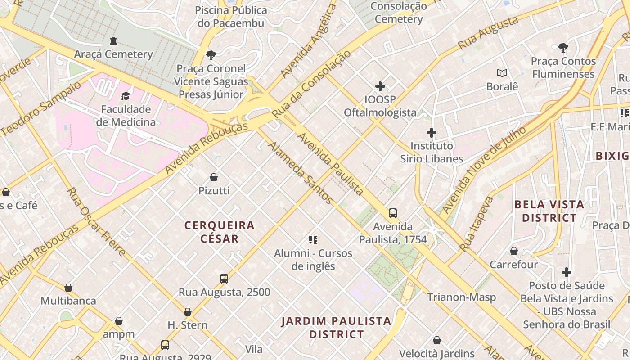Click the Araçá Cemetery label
tap(113, 54)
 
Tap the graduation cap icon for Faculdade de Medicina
tap(126, 96)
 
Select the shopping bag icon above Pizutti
tap(214, 177)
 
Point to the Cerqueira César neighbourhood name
tap(220, 232)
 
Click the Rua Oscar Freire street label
tap(96, 221)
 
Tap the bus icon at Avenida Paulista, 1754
tap(393, 213)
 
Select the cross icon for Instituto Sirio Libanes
tap(432, 133)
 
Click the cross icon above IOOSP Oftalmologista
tap(380, 86)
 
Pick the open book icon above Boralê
tap(502, 73)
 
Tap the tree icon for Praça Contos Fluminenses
tap(563, 48)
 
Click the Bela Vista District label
tap(549, 211)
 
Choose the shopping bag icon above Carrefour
tap(514, 251)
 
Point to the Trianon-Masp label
tap(461, 297)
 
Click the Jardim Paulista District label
tap(337, 328)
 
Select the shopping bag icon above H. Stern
tap(188, 312)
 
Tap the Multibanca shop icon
tap(68, 288)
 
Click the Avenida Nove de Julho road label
tap(484, 170)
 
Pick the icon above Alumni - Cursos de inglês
tap(313, 240)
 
